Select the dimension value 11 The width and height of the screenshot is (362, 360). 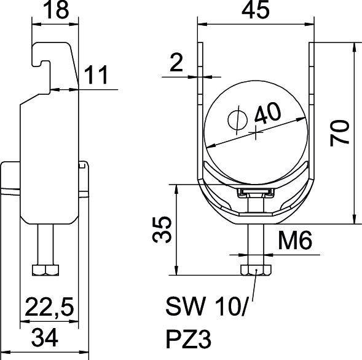click(x=96, y=76)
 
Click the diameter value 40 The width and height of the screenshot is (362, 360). click(x=268, y=115)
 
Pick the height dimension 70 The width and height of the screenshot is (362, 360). click(x=342, y=132)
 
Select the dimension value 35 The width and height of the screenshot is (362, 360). click(x=162, y=229)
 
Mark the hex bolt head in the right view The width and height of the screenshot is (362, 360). click(x=254, y=270)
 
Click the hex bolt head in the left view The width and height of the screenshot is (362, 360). click(x=45, y=270)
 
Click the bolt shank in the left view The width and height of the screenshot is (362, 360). click(x=45, y=243)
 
